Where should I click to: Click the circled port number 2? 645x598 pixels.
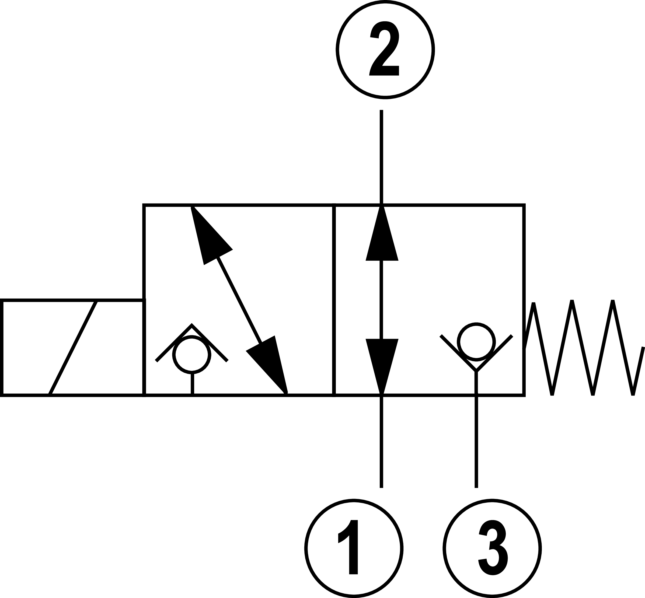pyautogui.click(x=385, y=50)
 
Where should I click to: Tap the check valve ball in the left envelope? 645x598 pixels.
pyautogui.click(x=191, y=354)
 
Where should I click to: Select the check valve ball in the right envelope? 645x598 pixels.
pyautogui.click(x=476, y=341)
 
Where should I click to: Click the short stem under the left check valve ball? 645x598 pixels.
pyautogui.click(x=192, y=383)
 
